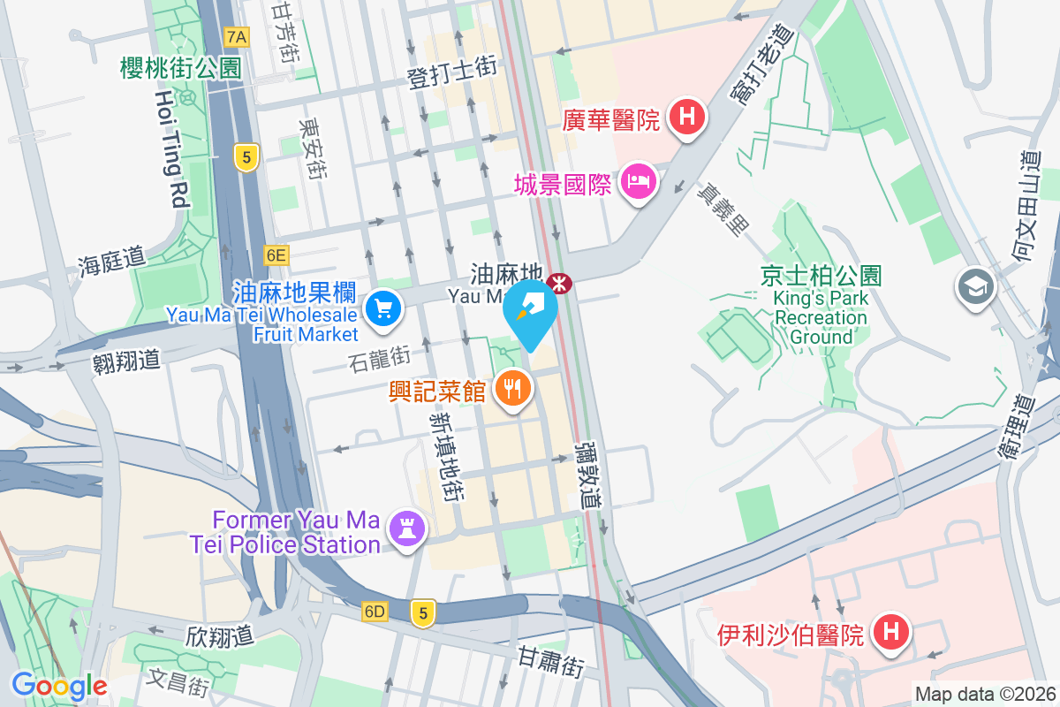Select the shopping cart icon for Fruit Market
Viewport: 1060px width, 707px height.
click(383, 309)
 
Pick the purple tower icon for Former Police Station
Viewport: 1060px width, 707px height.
click(407, 528)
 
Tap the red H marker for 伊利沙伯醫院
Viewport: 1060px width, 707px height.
click(890, 633)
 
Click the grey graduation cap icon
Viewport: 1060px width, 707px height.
click(975, 287)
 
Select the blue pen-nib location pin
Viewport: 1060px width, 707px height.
click(531, 312)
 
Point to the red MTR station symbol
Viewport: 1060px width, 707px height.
click(559, 283)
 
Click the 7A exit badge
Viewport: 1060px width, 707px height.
click(237, 37)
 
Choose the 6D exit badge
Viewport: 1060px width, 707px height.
click(375, 612)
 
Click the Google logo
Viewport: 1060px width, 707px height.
click(59, 685)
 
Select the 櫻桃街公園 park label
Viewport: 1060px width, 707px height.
click(181, 67)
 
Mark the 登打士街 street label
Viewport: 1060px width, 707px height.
click(451, 72)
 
